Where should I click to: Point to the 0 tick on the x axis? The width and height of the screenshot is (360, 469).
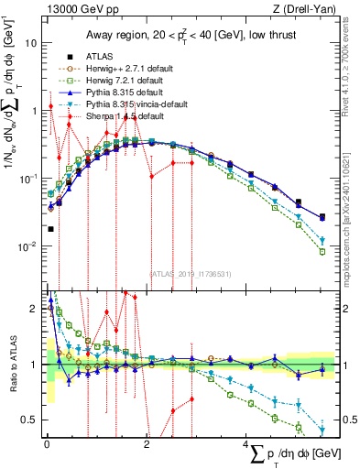47,443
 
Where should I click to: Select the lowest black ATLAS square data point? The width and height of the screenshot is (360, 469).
50,229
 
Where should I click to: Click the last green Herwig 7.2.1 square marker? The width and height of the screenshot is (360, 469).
322,251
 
